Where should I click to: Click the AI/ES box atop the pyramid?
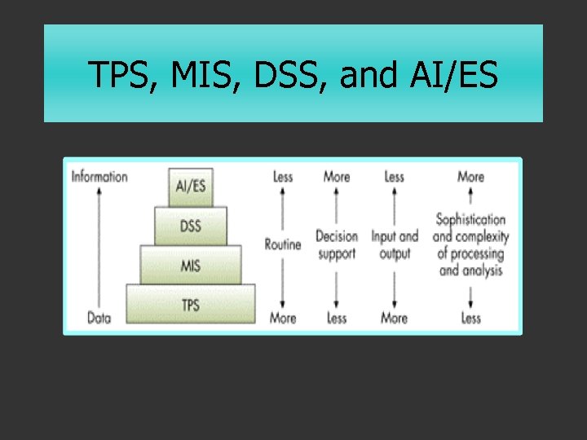coord(190,185)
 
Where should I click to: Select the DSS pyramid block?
coord(190,226)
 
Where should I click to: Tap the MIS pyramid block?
coord(190,265)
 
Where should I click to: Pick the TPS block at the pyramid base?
coord(190,305)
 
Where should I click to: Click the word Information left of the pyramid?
coord(99,176)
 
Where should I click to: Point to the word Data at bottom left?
coord(99,318)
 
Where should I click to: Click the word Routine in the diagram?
coord(283,244)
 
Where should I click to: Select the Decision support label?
coord(337,244)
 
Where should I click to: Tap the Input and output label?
coord(395,244)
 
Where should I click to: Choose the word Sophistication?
coord(470,220)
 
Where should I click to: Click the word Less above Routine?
coord(283,176)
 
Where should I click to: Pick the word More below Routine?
coord(283,318)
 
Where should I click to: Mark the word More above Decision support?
coord(337,176)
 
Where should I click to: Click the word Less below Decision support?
coord(337,318)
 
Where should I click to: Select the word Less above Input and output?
coord(394,176)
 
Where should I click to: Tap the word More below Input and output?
coord(394,318)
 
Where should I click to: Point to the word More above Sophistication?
coord(470,176)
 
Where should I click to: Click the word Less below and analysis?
coord(470,318)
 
